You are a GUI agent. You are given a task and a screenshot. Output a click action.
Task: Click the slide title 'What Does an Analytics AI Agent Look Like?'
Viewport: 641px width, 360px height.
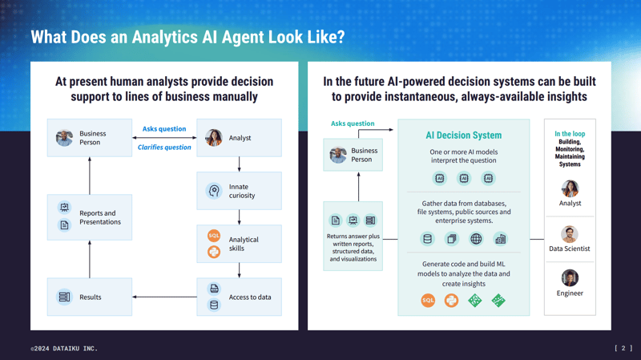coord(187,38)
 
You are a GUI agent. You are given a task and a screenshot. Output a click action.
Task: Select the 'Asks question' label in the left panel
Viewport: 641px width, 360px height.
coord(164,128)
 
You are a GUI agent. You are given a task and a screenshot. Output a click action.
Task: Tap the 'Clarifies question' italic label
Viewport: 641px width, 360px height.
coord(164,148)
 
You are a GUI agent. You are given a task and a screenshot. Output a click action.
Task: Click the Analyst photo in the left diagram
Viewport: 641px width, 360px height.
coord(213,138)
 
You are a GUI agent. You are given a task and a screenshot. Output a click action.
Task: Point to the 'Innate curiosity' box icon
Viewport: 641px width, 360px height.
coord(214,191)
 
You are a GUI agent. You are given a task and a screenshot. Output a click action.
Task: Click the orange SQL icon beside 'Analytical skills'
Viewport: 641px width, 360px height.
coord(214,236)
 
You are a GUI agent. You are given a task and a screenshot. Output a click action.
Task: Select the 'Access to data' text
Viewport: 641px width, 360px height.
coord(250,297)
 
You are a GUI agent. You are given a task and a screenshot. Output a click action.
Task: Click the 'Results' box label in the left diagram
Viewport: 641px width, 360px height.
coord(91,297)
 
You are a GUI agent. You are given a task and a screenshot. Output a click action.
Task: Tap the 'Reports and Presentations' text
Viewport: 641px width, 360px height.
coord(100,217)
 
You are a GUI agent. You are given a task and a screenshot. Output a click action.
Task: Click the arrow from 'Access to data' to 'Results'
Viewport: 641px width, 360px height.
coord(164,297)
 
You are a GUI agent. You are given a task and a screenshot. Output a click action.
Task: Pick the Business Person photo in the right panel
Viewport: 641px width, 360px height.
coord(338,154)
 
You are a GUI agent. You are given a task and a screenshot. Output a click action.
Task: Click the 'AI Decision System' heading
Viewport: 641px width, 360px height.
coord(463,136)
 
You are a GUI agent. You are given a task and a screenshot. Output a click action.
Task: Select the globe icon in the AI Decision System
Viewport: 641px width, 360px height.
coord(476,239)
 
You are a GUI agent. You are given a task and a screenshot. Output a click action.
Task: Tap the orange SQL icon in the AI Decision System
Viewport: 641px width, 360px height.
coord(428,301)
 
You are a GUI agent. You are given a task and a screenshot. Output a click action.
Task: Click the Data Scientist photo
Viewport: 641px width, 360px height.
coord(570,234)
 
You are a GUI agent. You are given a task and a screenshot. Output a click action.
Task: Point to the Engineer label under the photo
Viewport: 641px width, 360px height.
coord(570,293)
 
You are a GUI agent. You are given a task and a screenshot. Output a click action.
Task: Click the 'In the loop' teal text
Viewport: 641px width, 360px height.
coord(570,134)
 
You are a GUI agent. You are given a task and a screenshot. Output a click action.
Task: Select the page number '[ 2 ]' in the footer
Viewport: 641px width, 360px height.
coord(623,349)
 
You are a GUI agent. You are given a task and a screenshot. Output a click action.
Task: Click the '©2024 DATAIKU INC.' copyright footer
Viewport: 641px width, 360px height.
coord(64,349)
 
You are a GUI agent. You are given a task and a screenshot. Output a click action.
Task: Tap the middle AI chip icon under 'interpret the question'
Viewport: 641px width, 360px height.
coord(463,179)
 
